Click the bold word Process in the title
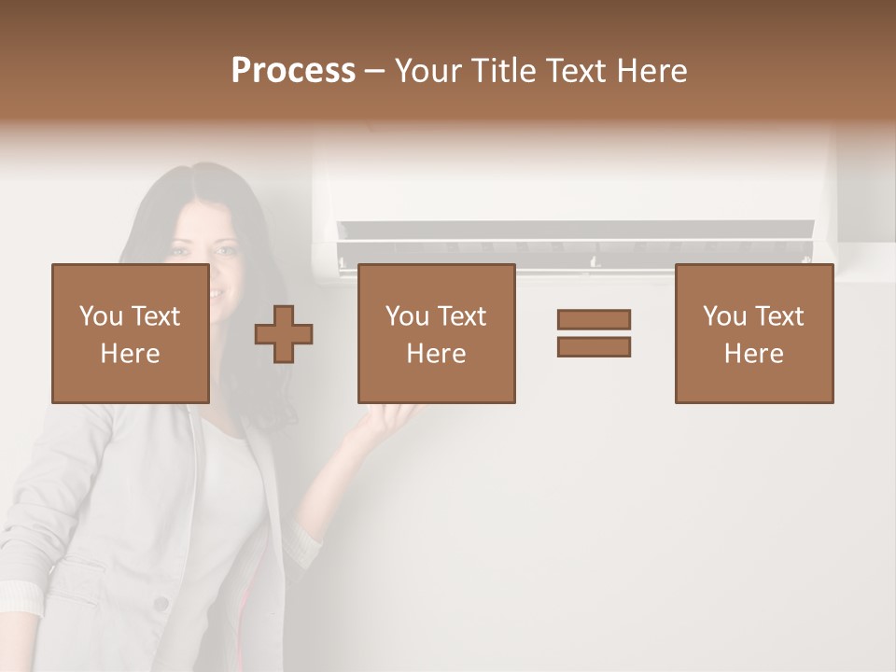293,71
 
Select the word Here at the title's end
652,71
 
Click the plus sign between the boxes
284,334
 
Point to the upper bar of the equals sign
594,319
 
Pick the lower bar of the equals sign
594,346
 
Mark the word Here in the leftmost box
130,354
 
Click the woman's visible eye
224,251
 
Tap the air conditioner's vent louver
574,232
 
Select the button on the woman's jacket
161,604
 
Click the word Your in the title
432,71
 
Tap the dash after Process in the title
375,71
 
